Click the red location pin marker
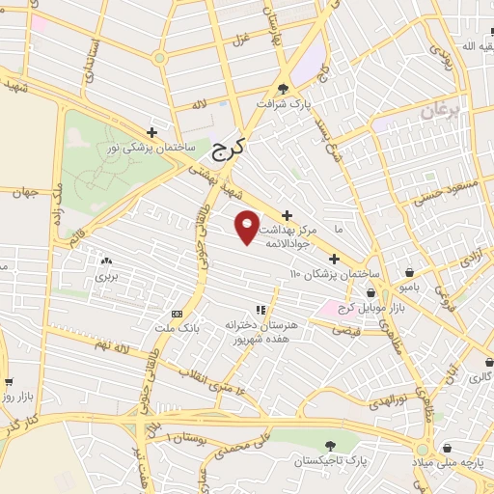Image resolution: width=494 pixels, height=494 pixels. pos(248,226)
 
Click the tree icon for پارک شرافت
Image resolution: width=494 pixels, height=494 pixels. pos(282,88)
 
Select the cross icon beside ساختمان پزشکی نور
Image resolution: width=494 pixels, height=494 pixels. pos(151,132)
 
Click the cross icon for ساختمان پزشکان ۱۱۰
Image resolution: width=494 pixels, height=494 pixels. pos(334,259)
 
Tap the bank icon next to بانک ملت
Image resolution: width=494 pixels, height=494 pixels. pos(177,314)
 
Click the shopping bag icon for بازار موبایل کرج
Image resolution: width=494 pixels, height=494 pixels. pos(371,292)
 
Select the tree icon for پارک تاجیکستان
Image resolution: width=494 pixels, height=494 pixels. pos(331,445)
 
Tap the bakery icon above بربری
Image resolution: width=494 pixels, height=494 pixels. pos(105,261)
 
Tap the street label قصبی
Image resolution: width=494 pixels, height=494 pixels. pos(344,330)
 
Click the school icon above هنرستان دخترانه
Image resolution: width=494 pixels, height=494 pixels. pos(260,309)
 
